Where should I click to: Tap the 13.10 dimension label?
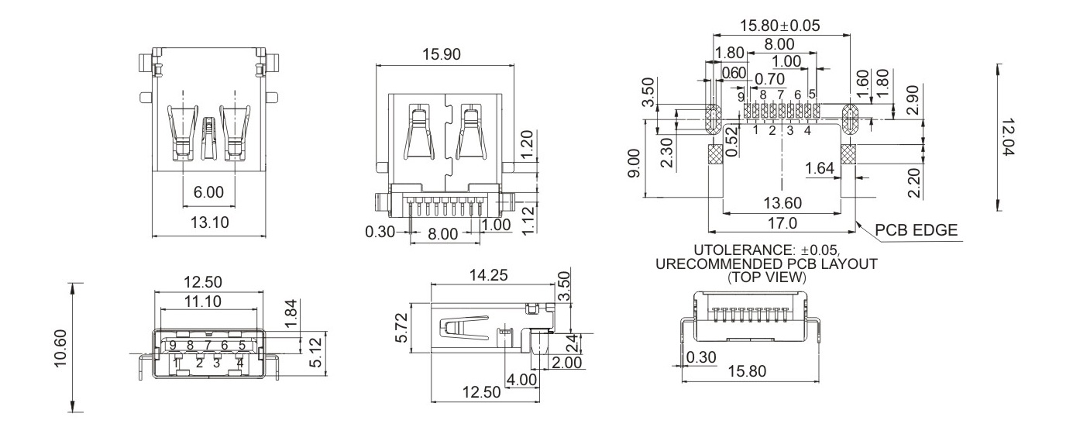coord(208,222)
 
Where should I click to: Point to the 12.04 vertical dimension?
coord(1008,137)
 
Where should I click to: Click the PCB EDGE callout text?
coord(917,230)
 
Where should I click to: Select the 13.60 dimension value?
coord(782,203)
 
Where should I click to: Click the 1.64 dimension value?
coord(820,169)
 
